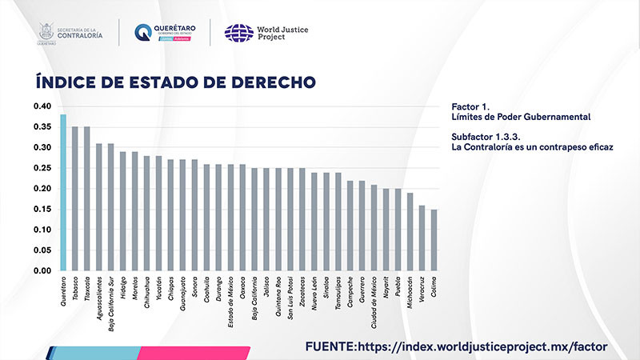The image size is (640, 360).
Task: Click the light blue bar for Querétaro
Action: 63,193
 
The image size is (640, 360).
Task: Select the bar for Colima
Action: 434,240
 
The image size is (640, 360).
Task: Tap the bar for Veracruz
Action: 422,238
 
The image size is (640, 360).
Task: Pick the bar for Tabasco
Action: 75,198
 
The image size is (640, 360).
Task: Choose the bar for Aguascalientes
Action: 99,207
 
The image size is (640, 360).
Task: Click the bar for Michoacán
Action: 410,232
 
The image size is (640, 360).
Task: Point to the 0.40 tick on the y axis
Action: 42,106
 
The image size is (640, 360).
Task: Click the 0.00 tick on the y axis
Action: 42,271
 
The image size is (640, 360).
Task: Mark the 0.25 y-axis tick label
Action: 42,168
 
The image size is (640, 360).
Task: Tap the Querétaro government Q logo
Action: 143,33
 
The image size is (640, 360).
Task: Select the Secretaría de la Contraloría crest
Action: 46,32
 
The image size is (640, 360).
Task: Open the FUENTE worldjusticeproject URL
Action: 456,346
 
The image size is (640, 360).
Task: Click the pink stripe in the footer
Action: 192,353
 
